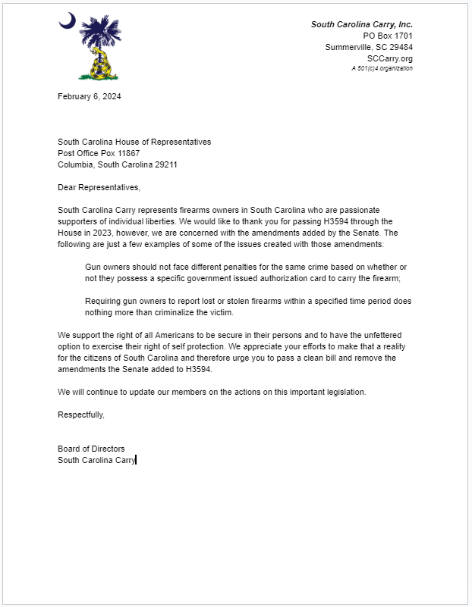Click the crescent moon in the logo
point(67,22)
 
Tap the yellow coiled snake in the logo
point(99,64)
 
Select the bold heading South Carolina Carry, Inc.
point(361,25)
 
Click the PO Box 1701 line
point(388,36)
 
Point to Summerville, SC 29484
point(369,47)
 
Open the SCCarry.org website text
point(389,58)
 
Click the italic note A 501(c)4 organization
point(382,68)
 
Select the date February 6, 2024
point(90,96)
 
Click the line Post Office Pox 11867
point(99,153)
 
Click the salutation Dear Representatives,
point(99,187)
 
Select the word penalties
point(228,267)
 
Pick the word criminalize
point(165,312)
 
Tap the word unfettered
point(374,335)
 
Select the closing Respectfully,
point(81,415)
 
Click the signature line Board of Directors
point(91,449)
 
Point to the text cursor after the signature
point(136,460)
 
